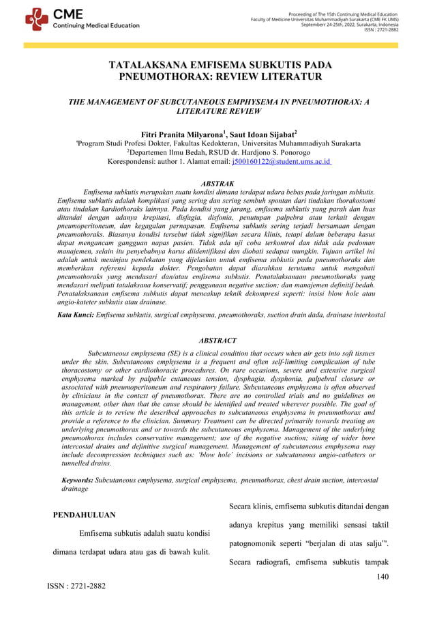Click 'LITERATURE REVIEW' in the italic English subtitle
pyautogui.click(x=217, y=111)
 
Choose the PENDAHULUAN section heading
pyautogui.click(x=84, y=515)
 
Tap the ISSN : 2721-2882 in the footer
pyautogui.click(x=76, y=586)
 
